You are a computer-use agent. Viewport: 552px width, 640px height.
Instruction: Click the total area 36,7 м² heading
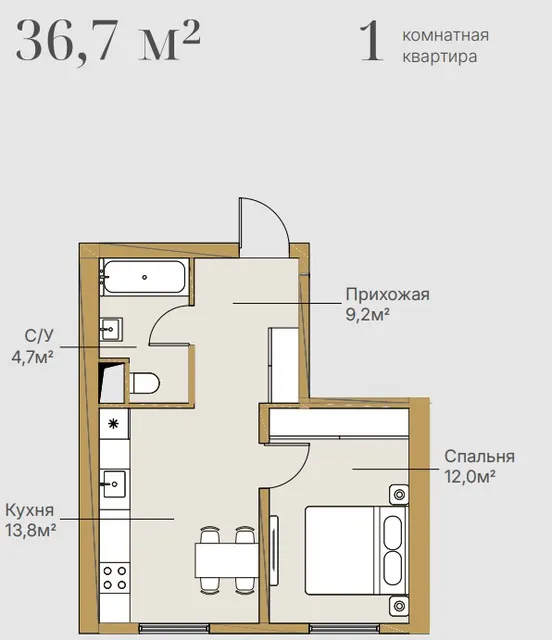coord(108,41)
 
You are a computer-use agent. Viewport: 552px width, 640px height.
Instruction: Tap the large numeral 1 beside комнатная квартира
coord(372,42)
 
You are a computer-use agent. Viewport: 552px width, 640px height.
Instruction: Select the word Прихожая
coord(387,295)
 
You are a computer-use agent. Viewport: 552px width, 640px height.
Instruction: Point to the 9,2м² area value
coord(367,315)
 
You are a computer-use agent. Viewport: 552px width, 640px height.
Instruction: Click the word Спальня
coord(479,456)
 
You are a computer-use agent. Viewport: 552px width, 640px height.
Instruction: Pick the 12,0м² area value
coord(470,476)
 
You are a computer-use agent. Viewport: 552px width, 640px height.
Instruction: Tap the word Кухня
coord(29,511)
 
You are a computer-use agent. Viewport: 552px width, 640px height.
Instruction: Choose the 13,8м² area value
coord(31,531)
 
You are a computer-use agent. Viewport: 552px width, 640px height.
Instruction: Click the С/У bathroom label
coord(39,336)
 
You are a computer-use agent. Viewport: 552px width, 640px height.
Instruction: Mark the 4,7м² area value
coord(33,357)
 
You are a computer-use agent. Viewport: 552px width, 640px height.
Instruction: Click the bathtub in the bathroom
coord(145,277)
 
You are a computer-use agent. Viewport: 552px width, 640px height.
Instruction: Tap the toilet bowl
coord(144,383)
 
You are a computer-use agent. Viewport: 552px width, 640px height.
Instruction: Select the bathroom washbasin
coord(111,329)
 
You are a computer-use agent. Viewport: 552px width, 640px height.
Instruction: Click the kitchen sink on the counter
coord(114,484)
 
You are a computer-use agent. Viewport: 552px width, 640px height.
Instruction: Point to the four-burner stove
coord(115,578)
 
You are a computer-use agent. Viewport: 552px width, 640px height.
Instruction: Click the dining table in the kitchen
coord(227,560)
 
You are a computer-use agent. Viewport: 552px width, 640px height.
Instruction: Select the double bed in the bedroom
coord(356,550)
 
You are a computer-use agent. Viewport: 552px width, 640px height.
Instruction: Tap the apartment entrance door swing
coord(265,227)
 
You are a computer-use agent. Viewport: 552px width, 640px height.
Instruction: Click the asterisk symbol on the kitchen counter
coord(113,424)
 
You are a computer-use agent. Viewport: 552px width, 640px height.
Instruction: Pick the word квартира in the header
coord(440,56)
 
